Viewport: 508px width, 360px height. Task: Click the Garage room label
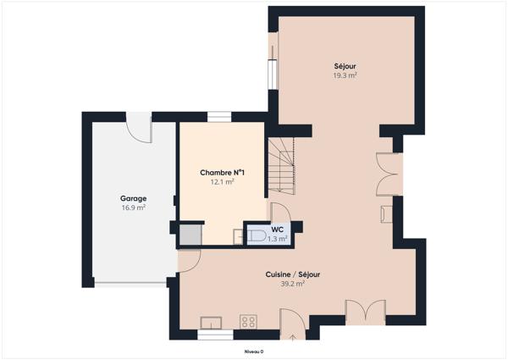tap(133, 198)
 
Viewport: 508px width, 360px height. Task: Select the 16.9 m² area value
tap(133, 207)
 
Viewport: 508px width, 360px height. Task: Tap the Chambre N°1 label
tap(217, 173)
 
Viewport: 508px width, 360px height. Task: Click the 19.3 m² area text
tap(345, 75)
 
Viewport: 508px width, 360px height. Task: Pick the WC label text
tap(277, 230)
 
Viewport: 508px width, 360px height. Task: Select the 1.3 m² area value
tap(277, 239)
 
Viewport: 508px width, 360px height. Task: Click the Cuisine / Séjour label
tap(292, 274)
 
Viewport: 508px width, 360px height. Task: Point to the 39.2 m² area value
tap(292, 284)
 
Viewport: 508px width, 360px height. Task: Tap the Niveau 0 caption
tap(254, 351)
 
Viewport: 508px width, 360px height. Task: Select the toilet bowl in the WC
tap(257, 235)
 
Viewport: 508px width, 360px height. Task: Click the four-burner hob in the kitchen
tap(249, 321)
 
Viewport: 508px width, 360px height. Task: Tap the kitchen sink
tap(211, 321)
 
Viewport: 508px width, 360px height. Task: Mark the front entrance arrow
tap(293, 337)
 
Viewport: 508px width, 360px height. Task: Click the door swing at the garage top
tap(138, 128)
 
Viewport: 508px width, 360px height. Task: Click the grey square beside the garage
tap(188, 233)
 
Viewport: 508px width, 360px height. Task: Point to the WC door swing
tap(279, 212)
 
